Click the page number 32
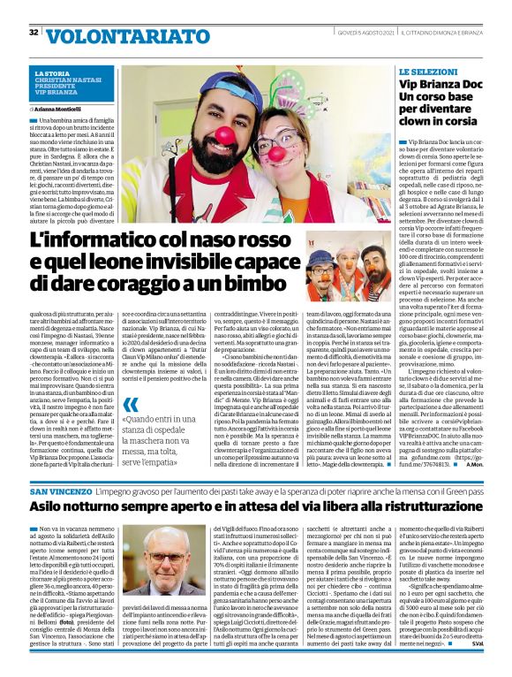[x=33, y=33]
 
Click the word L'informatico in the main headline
[x=88, y=239]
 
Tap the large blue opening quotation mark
[x=132, y=407]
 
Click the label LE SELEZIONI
[x=427, y=70]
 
